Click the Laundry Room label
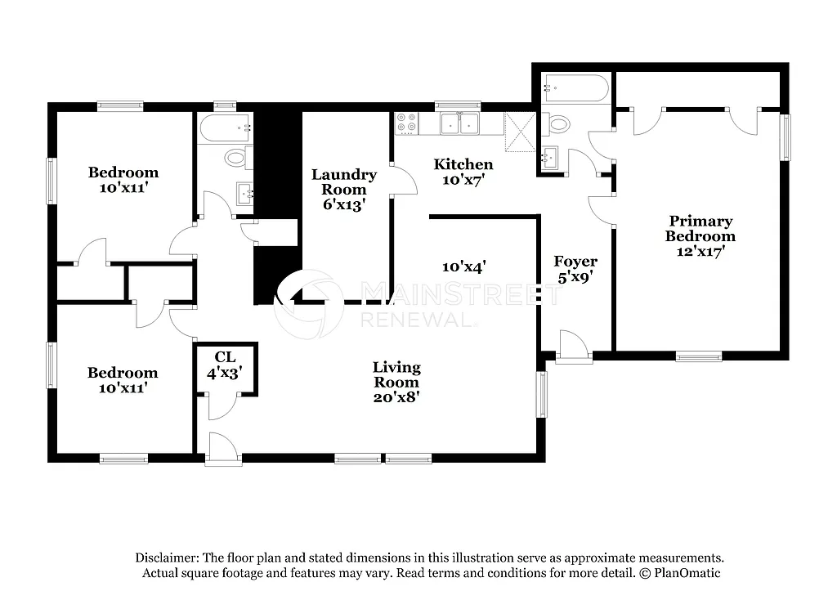click(x=344, y=190)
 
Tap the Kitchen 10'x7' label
click(x=463, y=172)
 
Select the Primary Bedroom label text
click(x=700, y=236)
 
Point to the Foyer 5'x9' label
click(x=575, y=269)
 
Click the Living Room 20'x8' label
click(x=396, y=383)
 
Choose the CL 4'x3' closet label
click(x=226, y=364)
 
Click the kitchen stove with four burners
click(x=406, y=123)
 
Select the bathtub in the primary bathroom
click(x=575, y=87)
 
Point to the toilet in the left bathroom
click(x=235, y=157)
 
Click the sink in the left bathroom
click(x=244, y=195)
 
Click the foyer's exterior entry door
click(x=572, y=347)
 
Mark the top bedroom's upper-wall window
click(x=120, y=105)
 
